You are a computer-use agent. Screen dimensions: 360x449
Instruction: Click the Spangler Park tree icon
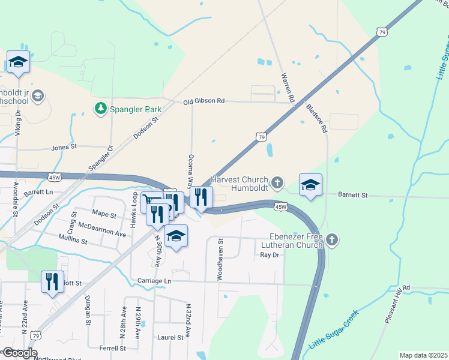(100, 109)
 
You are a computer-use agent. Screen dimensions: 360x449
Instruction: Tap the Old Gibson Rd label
(204, 101)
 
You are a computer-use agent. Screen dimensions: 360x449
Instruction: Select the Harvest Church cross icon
(277, 181)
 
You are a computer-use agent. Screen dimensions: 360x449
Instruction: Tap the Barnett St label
(352, 195)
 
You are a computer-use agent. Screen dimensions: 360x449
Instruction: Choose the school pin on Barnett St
(310, 185)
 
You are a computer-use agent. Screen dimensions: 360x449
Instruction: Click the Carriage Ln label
(154, 281)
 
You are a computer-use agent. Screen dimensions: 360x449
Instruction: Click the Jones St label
(64, 146)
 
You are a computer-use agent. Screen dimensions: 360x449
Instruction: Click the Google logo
(20, 352)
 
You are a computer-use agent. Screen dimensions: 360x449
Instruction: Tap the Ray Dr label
(270, 255)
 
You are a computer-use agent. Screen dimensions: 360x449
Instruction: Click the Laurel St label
(170, 337)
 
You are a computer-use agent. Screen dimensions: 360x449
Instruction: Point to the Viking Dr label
(18, 123)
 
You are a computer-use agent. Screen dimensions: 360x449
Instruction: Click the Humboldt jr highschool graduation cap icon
(38, 96)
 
